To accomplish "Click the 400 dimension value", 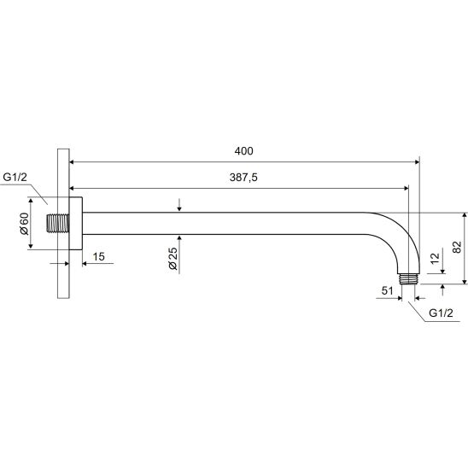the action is (x=243, y=151).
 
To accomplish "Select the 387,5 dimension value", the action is (x=243, y=178).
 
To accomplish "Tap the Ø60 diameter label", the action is (x=24, y=224).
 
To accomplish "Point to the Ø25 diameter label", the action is (x=173, y=259).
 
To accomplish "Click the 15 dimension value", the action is (x=98, y=256).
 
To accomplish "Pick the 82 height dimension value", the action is (x=457, y=247).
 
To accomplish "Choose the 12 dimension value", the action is (x=436, y=258).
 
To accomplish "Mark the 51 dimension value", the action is (x=387, y=290).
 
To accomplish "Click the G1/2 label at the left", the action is (x=15, y=177).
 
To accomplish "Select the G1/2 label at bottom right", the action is (x=441, y=313).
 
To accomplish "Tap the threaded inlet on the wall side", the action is (x=58, y=223).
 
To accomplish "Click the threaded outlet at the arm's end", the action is (x=408, y=279).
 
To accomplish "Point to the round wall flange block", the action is (x=75, y=223).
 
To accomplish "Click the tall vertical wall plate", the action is (x=63, y=223).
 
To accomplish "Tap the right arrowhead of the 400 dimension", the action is (x=418, y=162).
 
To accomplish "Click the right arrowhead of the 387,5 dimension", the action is (x=406, y=189).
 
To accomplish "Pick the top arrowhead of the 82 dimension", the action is (x=465, y=215).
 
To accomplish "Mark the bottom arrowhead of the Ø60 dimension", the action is (x=31, y=247).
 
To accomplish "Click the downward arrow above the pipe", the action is (x=179, y=205).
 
